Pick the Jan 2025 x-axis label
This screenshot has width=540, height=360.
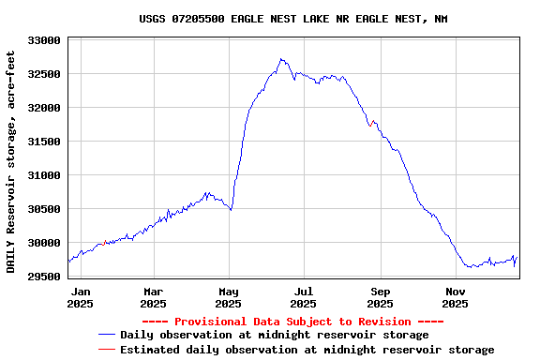click(x=80, y=297)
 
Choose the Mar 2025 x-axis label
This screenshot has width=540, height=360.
click(x=153, y=297)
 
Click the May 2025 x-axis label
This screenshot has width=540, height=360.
click(x=229, y=297)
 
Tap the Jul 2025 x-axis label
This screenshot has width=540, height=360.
click(x=304, y=297)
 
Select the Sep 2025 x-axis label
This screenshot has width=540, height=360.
click(x=380, y=297)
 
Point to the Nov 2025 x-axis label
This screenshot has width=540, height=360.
click(x=455, y=297)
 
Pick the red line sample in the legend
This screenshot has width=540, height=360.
click(x=106, y=350)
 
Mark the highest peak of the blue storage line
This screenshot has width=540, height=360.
click(x=280, y=59)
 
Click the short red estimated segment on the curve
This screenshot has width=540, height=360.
click(x=372, y=122)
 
